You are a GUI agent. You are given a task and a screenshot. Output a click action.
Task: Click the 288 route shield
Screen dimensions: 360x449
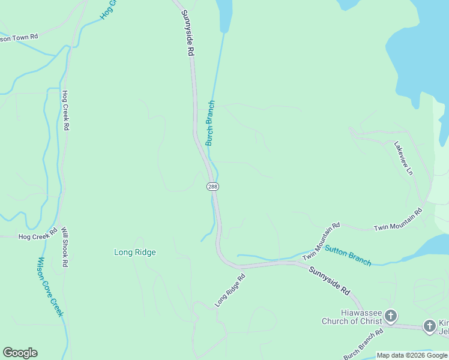(212, 187)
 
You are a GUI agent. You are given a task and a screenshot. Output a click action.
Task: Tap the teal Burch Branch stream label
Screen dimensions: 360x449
(210, 123)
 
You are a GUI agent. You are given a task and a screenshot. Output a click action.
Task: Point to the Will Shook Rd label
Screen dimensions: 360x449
(65, 247)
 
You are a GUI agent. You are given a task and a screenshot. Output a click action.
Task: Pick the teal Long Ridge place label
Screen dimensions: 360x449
(135, 252)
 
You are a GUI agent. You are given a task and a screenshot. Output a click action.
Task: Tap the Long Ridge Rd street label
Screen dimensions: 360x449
(231, 289)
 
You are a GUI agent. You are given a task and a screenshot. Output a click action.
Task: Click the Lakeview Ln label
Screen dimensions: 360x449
(404, 158)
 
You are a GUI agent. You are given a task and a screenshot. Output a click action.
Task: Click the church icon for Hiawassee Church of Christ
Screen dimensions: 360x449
(391, 316)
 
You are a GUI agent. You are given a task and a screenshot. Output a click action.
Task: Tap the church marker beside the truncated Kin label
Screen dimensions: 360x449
(430, 326)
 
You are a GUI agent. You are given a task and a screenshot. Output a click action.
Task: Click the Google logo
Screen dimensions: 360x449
(20, 353)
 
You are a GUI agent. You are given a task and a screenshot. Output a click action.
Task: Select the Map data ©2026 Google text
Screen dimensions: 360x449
(412, 355)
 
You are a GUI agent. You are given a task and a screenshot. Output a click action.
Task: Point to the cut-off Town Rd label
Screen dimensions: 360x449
(19, 37)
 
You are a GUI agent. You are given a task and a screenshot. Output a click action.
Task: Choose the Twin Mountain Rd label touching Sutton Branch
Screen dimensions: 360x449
(321, 241)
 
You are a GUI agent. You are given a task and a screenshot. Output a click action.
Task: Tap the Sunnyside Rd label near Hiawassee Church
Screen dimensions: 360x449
(330, 280)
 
